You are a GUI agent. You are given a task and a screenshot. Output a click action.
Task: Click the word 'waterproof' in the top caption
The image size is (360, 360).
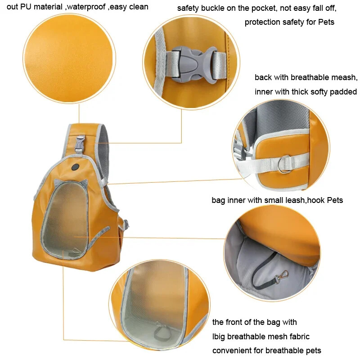[x=86, y=7]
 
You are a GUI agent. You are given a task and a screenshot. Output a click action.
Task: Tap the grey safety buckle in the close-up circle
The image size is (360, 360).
[x=194, y=63]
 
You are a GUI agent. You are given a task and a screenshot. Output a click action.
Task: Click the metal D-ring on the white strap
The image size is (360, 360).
[x=285, y=164]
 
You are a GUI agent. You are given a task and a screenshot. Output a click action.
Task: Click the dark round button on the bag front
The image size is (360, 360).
[x=75, y=167]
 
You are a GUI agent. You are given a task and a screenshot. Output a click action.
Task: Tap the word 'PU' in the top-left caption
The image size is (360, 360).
[x=26, y=7]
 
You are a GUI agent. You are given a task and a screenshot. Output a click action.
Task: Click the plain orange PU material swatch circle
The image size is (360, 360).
[x=69, y=58]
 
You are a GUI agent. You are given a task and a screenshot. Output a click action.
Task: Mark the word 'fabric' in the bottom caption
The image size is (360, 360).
[x=298, y=337]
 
